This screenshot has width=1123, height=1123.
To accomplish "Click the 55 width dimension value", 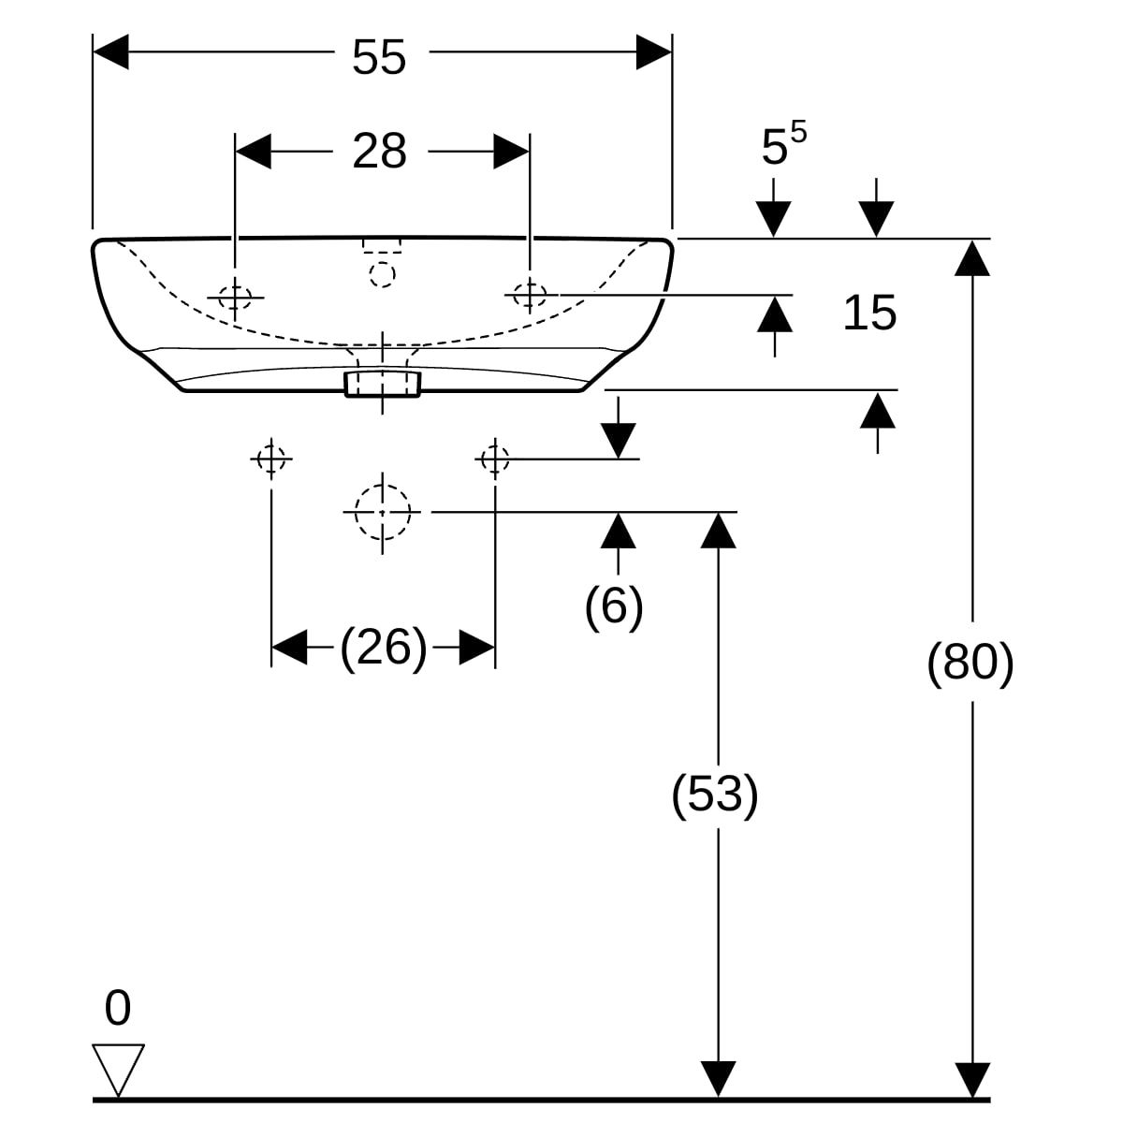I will click(379, 58).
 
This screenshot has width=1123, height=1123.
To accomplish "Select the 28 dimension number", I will click(379, 151).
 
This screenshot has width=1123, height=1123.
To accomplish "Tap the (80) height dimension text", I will click(970, 664).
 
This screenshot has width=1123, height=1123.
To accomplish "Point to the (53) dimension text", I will click(715, 795).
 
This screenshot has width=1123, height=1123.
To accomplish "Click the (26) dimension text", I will click(383, 647).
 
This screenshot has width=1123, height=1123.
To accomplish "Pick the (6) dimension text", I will click(614, 605).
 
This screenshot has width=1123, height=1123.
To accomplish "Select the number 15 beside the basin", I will click(869, 313).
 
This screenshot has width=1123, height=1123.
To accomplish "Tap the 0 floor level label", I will click(118, 1009).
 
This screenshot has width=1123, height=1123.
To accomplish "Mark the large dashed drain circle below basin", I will click(382, 512).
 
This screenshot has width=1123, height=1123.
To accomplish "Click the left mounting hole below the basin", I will click(271, 459).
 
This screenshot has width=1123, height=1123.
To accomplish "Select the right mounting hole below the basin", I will click(494, 459).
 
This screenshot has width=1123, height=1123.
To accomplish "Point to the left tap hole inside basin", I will click(235, 297).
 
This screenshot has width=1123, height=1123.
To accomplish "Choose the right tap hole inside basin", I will click(530, 295).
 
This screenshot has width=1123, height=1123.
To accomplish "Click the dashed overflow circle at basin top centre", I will click(382, 273).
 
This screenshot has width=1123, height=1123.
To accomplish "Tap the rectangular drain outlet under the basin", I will click(383, 382).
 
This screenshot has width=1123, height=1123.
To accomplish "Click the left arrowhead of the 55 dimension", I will click(110, 51).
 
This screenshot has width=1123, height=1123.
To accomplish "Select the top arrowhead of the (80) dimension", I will click(973, 257).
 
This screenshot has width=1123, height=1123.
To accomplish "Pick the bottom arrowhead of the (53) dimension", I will click(718, 1078).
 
